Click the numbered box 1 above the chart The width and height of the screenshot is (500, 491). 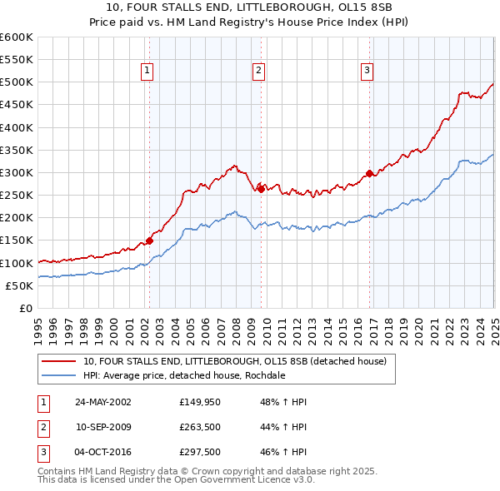point(147,72)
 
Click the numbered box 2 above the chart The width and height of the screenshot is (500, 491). point(259,72)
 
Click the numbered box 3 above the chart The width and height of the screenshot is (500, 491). point(367,72)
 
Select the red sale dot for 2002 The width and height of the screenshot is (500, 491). point(150,241)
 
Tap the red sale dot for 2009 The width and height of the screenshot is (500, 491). point(261,189)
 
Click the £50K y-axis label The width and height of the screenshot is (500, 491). point(20,285)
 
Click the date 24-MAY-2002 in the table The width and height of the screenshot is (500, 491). point(103,402)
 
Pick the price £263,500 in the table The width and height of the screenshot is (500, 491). point(202,428)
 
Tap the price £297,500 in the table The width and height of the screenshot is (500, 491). point(202,454)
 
